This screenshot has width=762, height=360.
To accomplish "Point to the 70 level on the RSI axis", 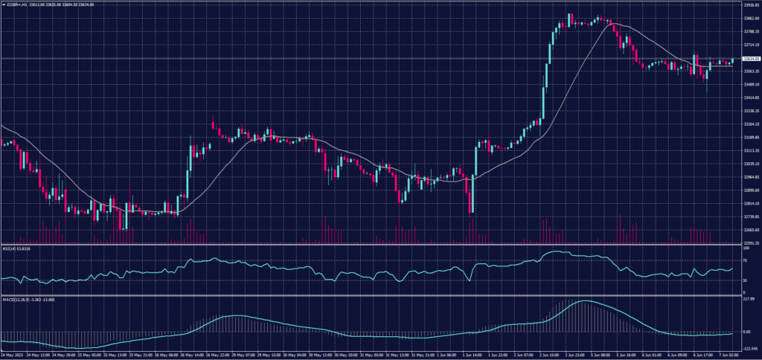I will point(745,260).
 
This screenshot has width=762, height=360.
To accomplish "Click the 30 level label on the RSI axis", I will point(745,280).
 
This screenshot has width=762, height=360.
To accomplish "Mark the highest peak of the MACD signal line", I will point(585,301).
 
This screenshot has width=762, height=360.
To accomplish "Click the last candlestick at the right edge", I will point(732,61).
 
